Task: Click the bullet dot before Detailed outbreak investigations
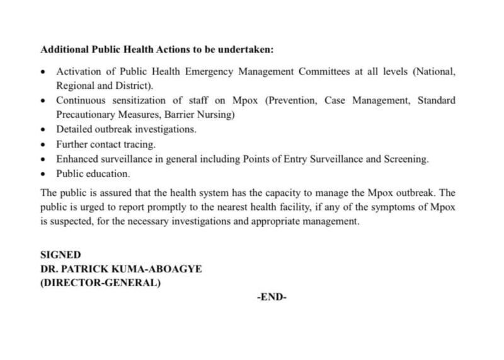coord(43,130)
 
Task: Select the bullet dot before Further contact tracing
coord(43,144)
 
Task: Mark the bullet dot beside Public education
coord(43,173)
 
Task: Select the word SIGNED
coord(60,255)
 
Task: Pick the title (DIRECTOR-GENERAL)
coord(100,283)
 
